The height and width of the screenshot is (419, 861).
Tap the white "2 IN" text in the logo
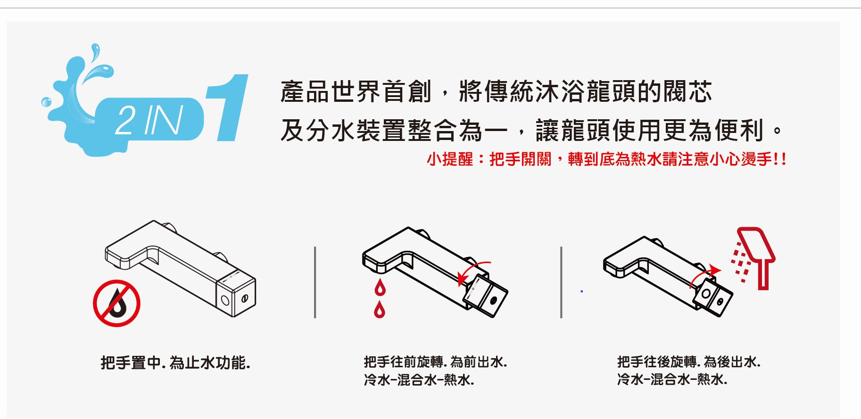coord(149,120)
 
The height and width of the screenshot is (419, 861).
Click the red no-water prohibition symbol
coord(116,304)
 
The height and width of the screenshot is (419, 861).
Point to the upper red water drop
coord(380,288)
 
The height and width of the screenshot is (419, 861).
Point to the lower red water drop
coord(380,310)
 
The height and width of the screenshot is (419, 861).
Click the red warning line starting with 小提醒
coord(606,159)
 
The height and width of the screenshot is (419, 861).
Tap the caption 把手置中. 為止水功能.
coord(175,363)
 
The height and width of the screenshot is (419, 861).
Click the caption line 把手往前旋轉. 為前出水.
coord(435,362)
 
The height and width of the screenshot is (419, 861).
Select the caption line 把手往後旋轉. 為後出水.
coord(689,362)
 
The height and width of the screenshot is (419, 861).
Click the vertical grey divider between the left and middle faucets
coord(315,282)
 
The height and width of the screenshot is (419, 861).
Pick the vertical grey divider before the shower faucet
coord(561,282)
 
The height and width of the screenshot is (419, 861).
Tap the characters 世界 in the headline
coord(356,91)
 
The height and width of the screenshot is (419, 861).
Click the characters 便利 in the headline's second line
coord(739,130)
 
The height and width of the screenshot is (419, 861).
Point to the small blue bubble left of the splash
coord(46,102)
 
